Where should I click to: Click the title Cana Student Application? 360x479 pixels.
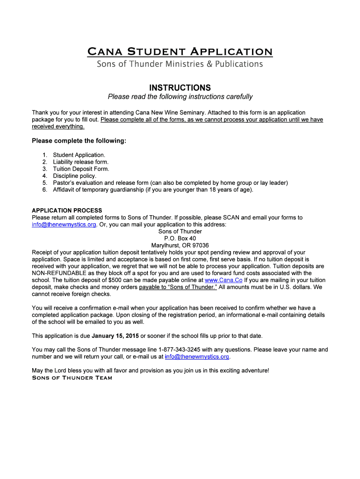click(x=180, y=51)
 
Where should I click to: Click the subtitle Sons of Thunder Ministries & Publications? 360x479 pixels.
click(x=180, y=64)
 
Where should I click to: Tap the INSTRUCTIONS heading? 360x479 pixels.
click(x=180, y=88)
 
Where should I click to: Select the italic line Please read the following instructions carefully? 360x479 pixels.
click(x=180, y=97)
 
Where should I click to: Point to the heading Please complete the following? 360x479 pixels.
click(x=79, y=141)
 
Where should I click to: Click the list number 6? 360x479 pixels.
click(x=44, y=190)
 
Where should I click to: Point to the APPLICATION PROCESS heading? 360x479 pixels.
click(x=67, y=210)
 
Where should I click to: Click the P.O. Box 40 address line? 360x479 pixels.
click(x=180, y=238)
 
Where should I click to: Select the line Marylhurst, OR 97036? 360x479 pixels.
click(x=180, y=245)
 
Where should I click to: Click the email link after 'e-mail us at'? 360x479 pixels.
click(x=197, y=356)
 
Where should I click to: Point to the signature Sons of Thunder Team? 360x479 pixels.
click(x=72, y=378)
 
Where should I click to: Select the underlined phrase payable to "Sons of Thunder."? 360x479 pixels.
click(x=178, y=287)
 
